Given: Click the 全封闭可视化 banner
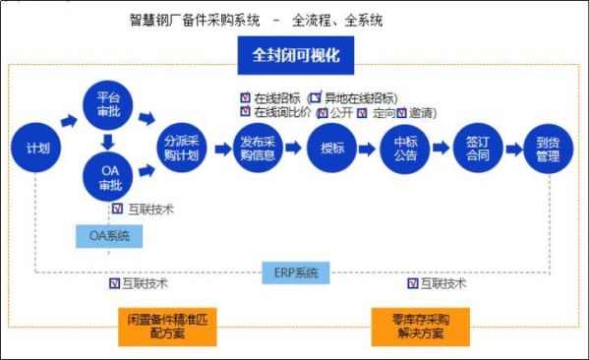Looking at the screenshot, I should pyautogui.click(x=295, y=55).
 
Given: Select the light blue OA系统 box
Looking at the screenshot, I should pyautogui.click(x=109, y=236).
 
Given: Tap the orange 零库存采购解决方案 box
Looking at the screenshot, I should pyautogui.click(x=420, y=327).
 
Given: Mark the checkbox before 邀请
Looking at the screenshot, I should pyautogui.click(x=401, y=112).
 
